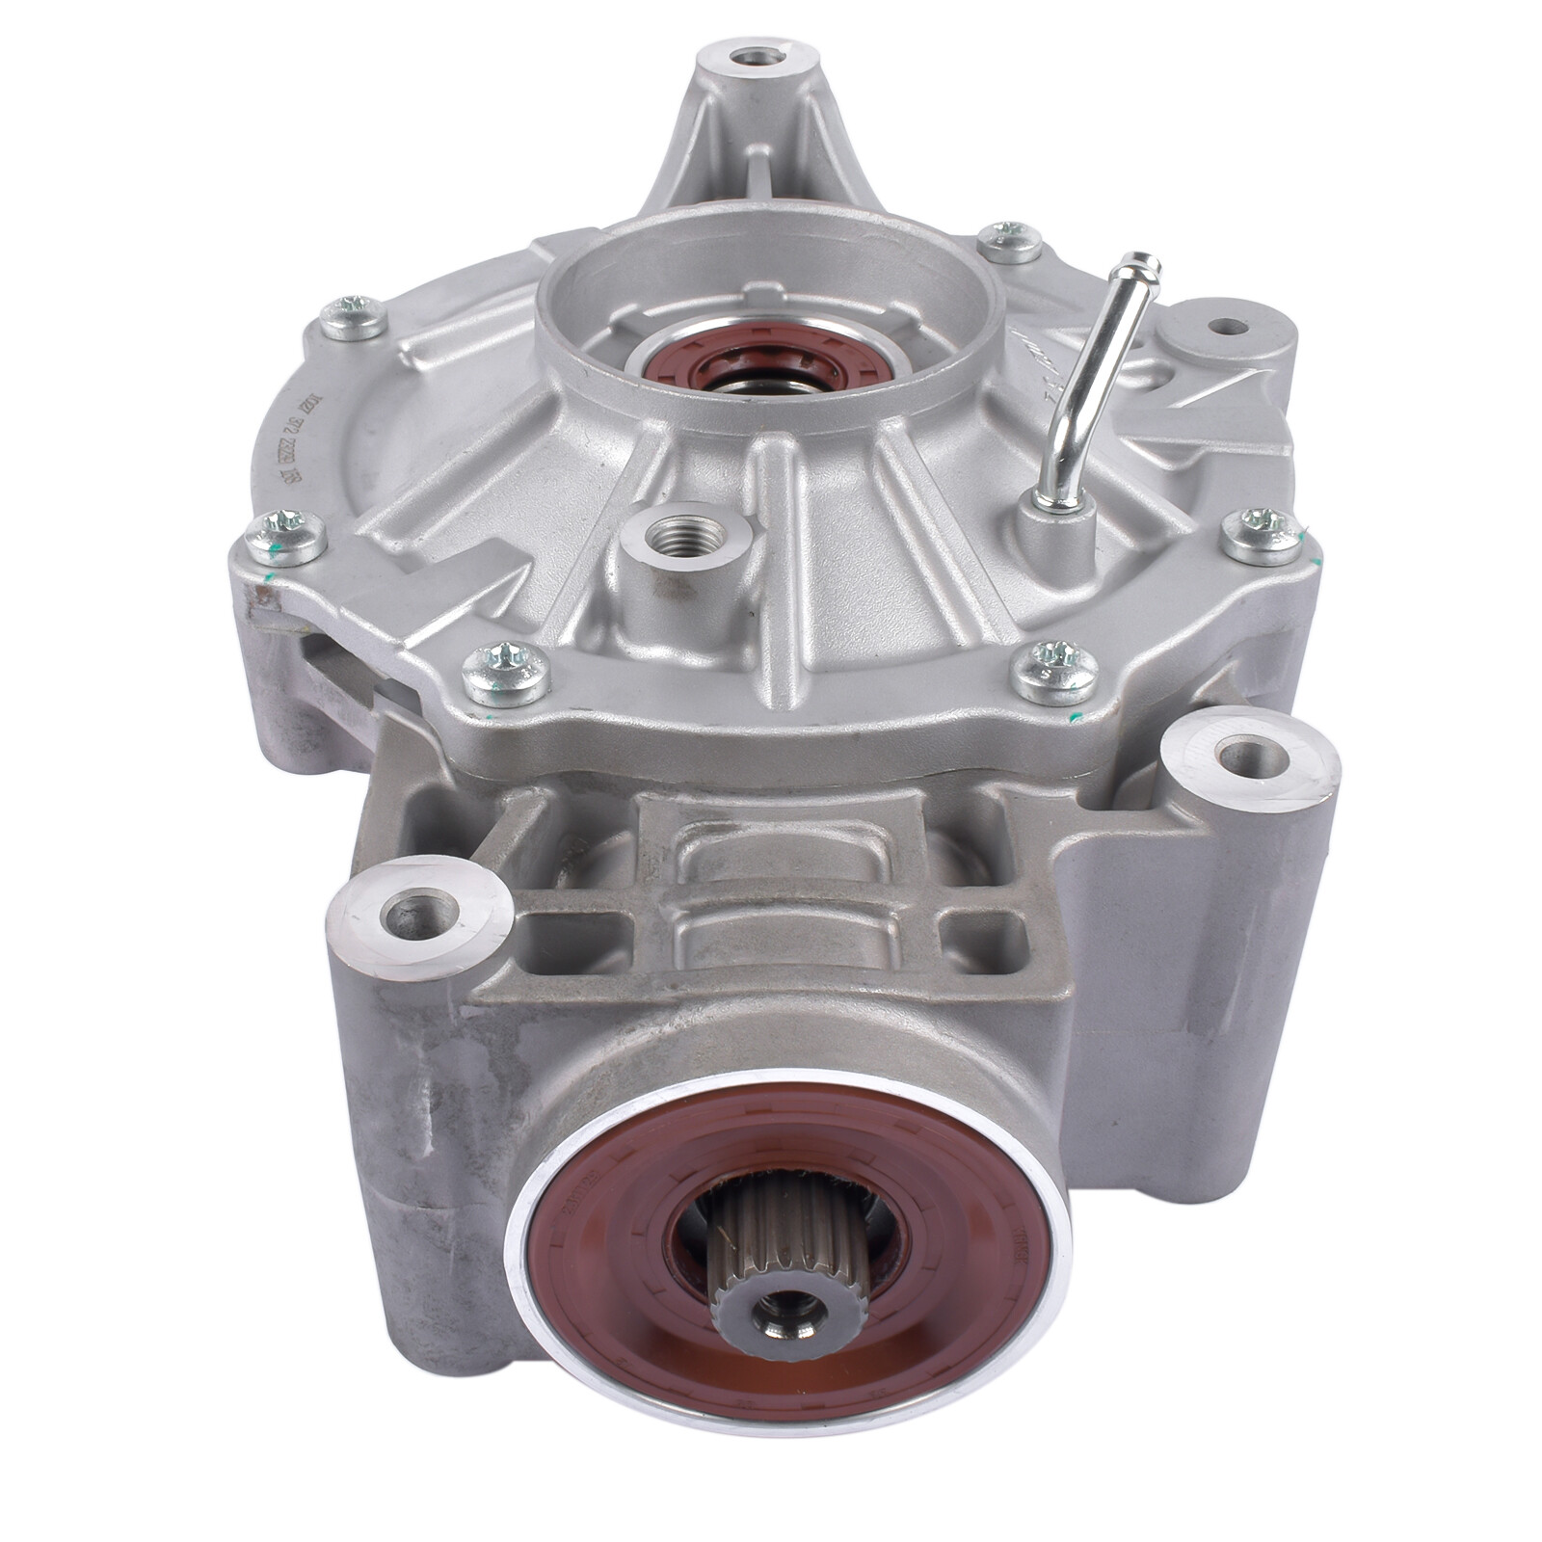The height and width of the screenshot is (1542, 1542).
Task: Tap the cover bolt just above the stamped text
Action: (351, 317)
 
